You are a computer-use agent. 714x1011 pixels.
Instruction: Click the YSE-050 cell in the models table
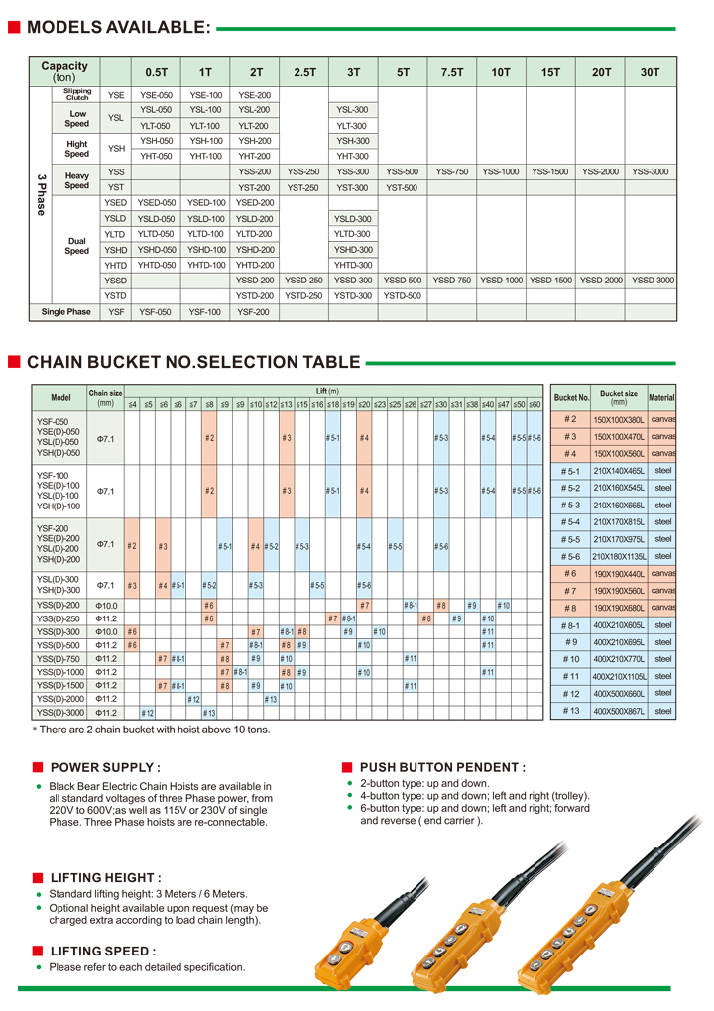click(157, 95)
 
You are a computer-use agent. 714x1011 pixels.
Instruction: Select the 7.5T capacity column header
click(452, 72)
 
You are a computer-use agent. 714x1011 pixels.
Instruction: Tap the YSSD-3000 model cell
click(653, 281)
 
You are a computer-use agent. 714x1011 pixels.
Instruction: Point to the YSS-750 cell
click(452, 171)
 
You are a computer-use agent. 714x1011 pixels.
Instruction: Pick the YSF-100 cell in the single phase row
click(205, 312)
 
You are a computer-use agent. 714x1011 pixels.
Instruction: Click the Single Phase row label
click(65, 312)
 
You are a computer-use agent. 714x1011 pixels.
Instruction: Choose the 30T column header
click(650, 72)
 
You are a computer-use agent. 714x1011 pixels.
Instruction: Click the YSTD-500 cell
click(403, 295)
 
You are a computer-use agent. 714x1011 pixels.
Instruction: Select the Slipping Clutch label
click(77, 95)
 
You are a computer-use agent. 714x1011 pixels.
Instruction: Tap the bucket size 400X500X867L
click(619, 711)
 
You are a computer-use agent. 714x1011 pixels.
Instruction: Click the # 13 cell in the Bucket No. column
click(570, 711)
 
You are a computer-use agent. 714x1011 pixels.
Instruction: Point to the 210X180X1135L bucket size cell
click(619, 556)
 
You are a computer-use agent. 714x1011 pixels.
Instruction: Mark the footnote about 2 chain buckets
click(151, 730)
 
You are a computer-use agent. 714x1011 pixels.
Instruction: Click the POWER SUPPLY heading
click(104, 767)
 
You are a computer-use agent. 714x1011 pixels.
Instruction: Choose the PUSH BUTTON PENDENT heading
click(442, 767)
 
